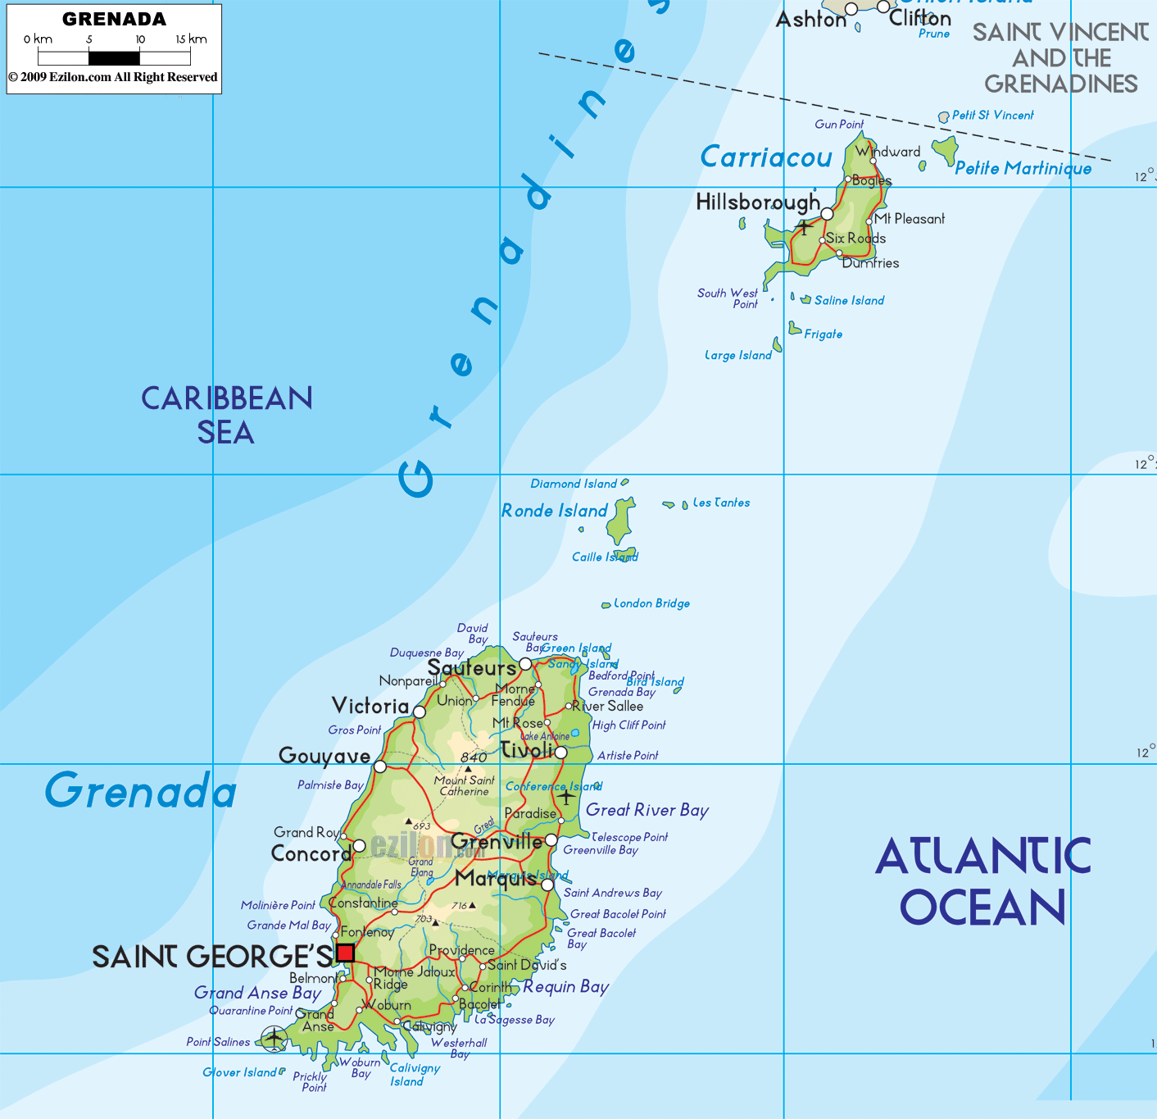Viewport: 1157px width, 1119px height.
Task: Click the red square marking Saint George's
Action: click(345, 953)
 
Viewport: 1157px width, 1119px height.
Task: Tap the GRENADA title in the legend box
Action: click(114, 19)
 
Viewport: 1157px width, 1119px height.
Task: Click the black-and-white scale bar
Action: click(114, 58)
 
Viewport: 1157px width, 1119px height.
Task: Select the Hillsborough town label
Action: click(757, 202)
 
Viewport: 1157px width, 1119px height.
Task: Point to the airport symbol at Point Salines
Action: click(273, 1039)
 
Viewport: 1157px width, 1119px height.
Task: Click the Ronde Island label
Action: click(554, 511)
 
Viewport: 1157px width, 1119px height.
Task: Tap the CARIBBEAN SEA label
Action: click(227, 415)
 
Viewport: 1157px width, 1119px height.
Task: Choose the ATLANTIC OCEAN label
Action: click(983, 882)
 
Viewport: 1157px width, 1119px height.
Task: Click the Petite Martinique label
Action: click(1023, 168)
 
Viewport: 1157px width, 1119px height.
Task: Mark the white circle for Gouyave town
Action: click(380, 766)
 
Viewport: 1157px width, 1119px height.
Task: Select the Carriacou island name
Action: click(766, 157)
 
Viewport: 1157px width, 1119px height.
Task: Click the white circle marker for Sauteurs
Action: click(525, 664)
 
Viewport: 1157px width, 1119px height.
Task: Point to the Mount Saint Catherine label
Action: click(464, 785)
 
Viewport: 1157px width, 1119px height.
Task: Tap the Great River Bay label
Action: click(647, 810)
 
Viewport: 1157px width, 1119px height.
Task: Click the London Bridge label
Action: click(651, 603)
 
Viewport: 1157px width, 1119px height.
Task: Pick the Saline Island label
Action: click(849, 301)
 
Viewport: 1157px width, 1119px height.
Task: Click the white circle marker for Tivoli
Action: click(560, 753)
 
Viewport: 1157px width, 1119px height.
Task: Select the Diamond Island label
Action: click(574, 484)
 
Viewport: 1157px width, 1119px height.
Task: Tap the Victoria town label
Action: click(370, 706)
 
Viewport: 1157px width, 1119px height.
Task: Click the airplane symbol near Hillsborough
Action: click(805, 225)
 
